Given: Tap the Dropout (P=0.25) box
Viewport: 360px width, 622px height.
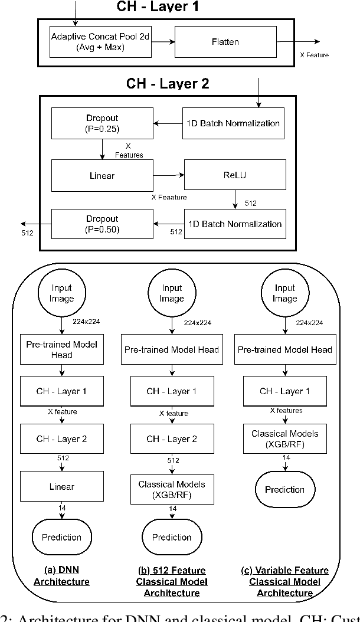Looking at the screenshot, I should pos(103,123).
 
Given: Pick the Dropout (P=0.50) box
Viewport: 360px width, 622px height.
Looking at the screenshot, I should pos(103,224).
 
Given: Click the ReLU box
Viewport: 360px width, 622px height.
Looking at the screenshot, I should pos(236,175).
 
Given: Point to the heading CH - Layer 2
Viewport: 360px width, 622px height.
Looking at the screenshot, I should pos(168,83).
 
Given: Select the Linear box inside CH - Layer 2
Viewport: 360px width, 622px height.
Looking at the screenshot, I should pos(103,175).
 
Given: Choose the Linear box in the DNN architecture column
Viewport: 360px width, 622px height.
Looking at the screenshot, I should pos(61,487).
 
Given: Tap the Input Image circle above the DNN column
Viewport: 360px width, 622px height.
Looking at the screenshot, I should pos(61,293).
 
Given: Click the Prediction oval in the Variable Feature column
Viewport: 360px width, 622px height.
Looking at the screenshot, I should pos(284,489).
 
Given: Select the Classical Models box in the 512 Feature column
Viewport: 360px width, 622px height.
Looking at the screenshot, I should pos(172,489).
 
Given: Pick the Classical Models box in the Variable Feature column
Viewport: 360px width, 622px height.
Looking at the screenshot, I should pos(284,438).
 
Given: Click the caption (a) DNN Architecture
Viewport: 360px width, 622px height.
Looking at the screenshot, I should pos(61,576).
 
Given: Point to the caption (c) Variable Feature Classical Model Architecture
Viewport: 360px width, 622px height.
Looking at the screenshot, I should pos(284,581).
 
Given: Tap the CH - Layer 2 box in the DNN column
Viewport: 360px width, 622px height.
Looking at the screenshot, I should pos(61,439).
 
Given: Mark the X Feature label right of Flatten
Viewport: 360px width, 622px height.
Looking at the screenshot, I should pos(313,55).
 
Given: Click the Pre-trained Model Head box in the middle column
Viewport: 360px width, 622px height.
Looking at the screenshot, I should pos(172,349).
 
